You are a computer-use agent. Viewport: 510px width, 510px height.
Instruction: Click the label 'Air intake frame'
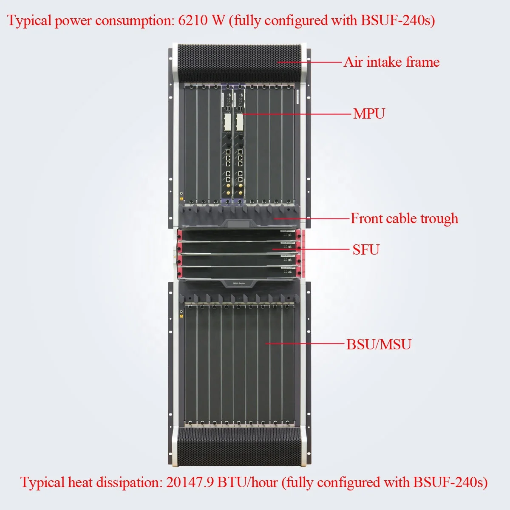[391, 62]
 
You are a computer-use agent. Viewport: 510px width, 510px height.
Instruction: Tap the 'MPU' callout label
[369, 114]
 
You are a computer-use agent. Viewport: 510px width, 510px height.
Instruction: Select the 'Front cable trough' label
[404, 218]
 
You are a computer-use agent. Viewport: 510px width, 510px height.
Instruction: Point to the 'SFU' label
[365, 249]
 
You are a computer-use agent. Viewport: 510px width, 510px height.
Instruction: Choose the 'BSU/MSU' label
[379, 344]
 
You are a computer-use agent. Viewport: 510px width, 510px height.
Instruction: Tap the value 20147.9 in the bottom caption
[190, 482]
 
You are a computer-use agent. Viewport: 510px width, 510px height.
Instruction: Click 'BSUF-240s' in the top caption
[398, 20]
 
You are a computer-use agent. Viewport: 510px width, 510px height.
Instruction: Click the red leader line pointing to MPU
[297, 114]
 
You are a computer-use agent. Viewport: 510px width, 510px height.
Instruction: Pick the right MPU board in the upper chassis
[240, 144]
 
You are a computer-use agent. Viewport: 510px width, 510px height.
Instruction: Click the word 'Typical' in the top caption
[29, 20]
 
